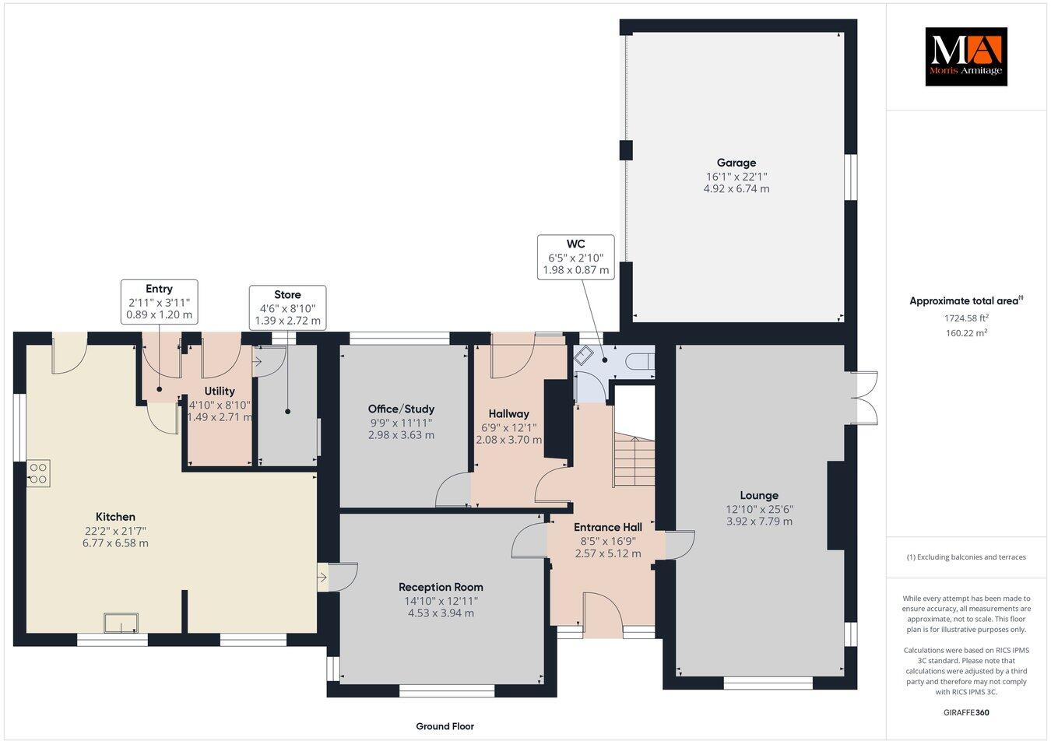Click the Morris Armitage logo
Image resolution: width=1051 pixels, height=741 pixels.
click(x=965, y=56)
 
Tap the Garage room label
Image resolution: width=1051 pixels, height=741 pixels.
click(x=736, y=163)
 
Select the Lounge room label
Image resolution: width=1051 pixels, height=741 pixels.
click(x=759, y=495)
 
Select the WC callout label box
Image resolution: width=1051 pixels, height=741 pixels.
click(x=575, y=258)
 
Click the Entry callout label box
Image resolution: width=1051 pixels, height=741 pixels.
click(x=159, y=302)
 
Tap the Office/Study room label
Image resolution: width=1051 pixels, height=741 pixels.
click(x=401, y=409)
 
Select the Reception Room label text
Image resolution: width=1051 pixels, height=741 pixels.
click(x=441, y=587)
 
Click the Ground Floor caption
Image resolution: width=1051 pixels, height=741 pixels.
click(x=445, y=726)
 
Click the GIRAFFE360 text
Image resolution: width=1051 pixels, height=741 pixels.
click(x=965, y=711)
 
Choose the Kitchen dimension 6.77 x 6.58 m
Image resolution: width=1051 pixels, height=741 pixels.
click(x=115, y=543)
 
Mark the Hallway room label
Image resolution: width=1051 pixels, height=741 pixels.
click(x=508, y=413)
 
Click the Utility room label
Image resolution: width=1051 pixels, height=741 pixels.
click(x=220, y=391)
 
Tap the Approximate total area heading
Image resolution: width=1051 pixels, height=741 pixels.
click(x=965, y=300)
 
